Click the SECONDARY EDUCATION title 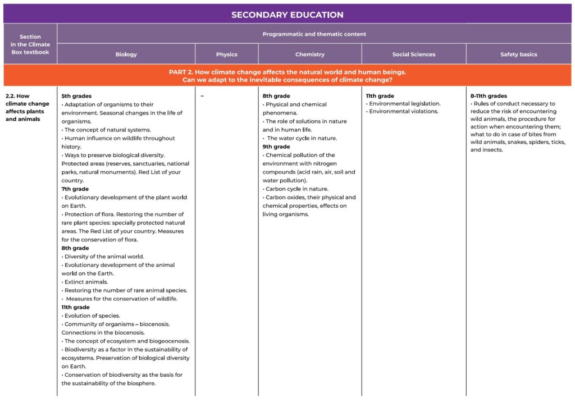[x=287, y=15]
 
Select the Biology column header [x=126, y=54]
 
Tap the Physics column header [x=226, y=54]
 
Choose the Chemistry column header [x=310, y=54]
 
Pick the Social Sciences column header [x=414, y=54]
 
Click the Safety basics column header [x=518, y=54]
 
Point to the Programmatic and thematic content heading [x=314, y=34]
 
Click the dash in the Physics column [x=202, y=96]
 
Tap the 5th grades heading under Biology [x=76, y=96]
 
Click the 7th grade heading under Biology [x=76, y=189]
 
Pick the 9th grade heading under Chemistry [x=276, y=147]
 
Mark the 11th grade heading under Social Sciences [x=380, y=96]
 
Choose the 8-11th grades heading [x=489, y=96]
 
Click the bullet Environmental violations [x=403, y=112]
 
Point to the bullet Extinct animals [x=86, y=282]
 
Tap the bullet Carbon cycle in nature [x=296, y=189]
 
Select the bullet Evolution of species [x=92, y=316]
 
